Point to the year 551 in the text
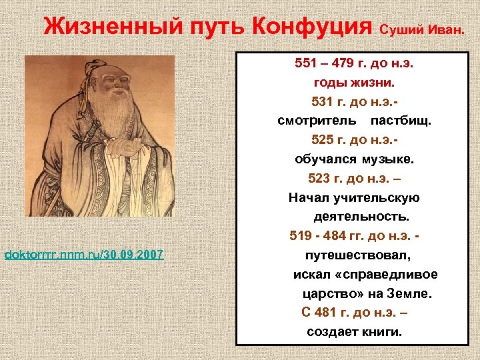(x=306, y=65)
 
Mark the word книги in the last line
(x=381, y=331)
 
